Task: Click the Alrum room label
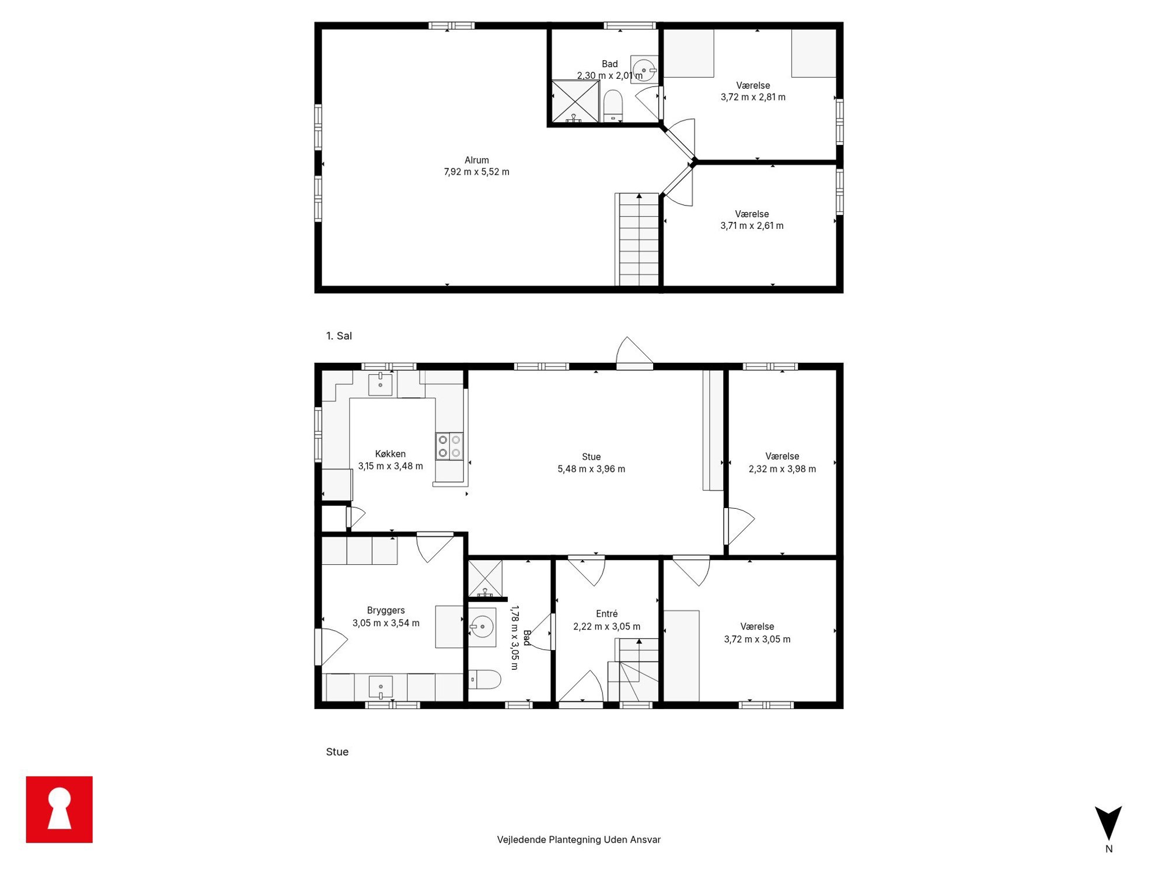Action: [476, 160]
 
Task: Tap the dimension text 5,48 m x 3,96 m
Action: [591, 469]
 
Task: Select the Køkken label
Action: [390, 454]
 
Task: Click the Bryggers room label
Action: [386, 610]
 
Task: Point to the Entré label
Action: [606, 614]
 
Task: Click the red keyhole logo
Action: [59, 809]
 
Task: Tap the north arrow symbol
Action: [1108, 822]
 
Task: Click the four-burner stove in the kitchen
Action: [449, 446]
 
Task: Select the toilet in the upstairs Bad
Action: [612, 106]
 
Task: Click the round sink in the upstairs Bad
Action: [644, 70]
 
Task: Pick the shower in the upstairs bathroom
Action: [575, 102]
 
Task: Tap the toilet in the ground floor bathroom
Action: [485, 680]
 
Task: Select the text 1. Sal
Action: [339, 336]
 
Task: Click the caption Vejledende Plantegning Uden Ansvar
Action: [578, 839]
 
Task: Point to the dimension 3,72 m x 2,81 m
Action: [753, 98]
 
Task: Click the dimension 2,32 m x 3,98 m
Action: [782, 469]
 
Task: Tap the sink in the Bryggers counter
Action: [381, 687]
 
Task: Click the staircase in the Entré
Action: [633, 670]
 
